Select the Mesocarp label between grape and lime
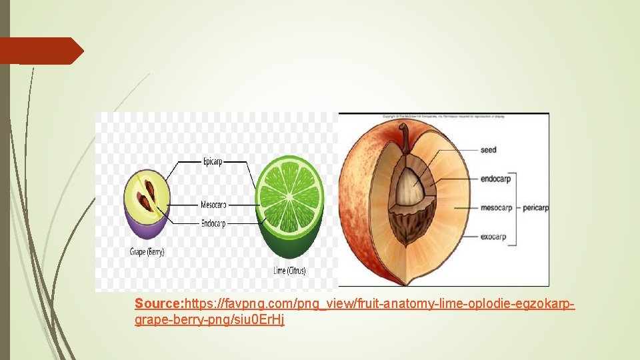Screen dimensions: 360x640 [x=213, y=204]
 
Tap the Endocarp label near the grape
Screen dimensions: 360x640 [x=214, y=223]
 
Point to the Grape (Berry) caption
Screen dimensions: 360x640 [x=147, y=252]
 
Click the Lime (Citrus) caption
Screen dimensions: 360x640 [x=290, y=271]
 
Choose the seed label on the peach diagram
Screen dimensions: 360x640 [x=489, y=150]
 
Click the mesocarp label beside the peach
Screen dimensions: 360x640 [x=497, y=207]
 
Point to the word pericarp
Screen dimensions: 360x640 [x=535, y=207]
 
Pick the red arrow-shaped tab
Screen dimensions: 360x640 [x=40, y=51]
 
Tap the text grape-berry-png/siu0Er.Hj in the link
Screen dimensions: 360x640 [x=209, y=320]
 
